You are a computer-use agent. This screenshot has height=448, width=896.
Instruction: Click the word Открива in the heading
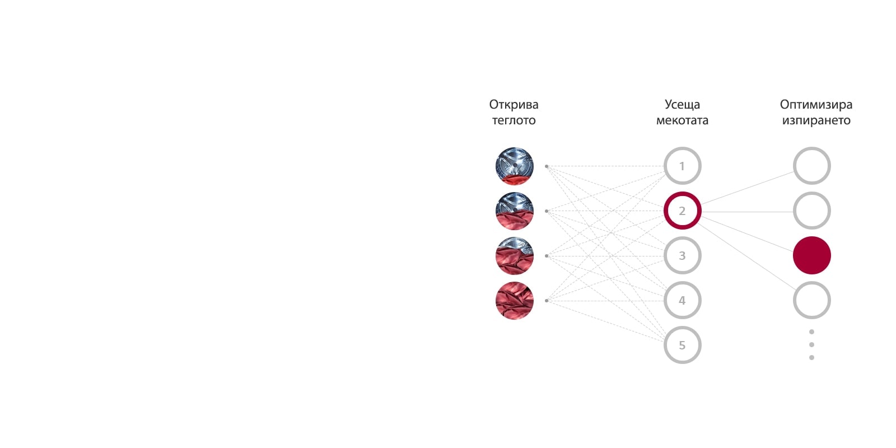[x=514, y=105]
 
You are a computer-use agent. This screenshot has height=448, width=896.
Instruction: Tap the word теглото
[x=514, y=120]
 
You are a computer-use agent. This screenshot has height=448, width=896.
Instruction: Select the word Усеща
[x=682, y=105]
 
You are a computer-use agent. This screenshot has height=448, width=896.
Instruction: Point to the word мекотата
[x=682, y=120]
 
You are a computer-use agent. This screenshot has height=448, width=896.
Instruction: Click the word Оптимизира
[x=816, y=105]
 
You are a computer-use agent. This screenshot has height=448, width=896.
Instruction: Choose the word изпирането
[x=816, y=120]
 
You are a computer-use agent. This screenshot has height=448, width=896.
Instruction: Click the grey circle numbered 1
[x=682, y=166]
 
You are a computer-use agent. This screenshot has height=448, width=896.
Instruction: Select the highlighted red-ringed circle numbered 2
[x=682, y=211]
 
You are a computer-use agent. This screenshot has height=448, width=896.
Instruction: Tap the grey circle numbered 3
[x=682, y=256]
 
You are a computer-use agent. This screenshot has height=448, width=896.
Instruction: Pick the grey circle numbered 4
[x=682, y=301]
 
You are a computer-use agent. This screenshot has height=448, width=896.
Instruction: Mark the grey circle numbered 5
[x=682, y=346]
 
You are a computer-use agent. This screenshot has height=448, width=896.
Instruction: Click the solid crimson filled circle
[x=811, y=256]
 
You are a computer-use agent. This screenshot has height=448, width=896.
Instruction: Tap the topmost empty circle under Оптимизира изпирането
[x=811, y=166]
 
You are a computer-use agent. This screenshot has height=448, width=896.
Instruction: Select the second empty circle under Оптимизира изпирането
[x=811, y=211]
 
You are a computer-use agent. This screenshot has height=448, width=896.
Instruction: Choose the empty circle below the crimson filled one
[x=811, y=301]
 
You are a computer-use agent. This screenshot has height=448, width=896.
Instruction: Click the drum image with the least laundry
[x=514, y=166]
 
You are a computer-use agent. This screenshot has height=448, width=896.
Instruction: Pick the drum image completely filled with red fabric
[x=514, y=301]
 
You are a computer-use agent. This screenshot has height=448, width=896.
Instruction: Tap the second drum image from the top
[x=514, y=211]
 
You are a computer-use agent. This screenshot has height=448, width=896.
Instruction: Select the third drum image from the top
[x=514, y=256]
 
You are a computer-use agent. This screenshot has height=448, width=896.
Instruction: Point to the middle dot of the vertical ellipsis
[x=811, y=344]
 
